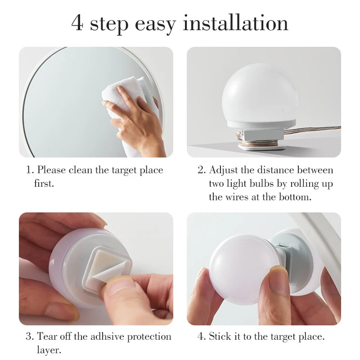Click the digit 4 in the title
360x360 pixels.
pos(77,23)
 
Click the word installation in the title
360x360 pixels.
pos(235,23)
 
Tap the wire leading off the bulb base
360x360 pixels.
pos(315,130)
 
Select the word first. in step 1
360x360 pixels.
pos(44,184)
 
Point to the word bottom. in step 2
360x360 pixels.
pos(295,197)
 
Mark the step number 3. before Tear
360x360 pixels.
pos(30,337)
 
